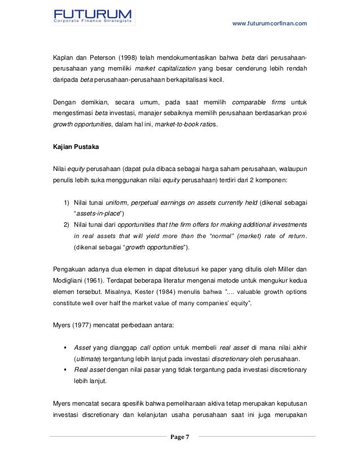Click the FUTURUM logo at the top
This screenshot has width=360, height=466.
[93, 16]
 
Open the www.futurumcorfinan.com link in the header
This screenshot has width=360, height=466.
[270, 23]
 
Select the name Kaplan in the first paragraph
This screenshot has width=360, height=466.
[62, 58]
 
